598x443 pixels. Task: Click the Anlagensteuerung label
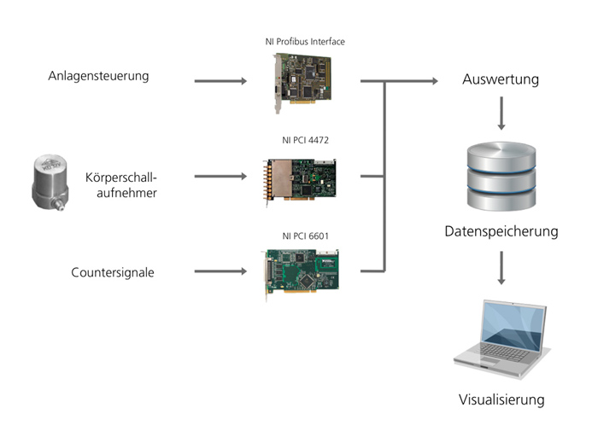[98, 76]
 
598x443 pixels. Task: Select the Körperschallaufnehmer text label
[122, 185]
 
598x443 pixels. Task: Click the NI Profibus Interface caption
[305, 41]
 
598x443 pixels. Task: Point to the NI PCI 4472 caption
[305, 141]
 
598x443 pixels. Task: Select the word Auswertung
[501, 80]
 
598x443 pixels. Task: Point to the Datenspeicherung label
[501, 231]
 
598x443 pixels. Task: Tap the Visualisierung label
[501, 399]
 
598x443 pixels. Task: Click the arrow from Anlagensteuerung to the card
[220, 82]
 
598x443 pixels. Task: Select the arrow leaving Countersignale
[220, 271]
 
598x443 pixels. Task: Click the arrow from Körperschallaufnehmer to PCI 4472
[220, 177]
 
